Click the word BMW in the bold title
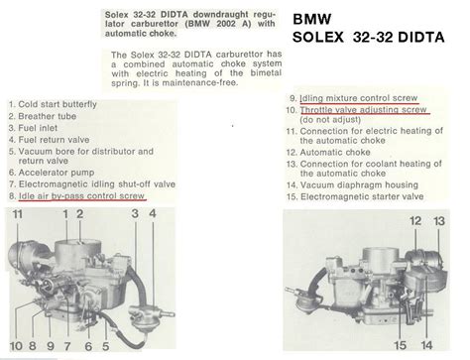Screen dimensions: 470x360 (311, 19)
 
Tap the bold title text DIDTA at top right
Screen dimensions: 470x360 (421, 37)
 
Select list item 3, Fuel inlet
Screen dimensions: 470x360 (33, 128)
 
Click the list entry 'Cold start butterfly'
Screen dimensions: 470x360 (53, 104)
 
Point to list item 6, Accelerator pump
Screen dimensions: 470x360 (52, 173)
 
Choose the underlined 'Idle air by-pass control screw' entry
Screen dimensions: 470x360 (77, 196)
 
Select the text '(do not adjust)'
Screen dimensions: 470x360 (330, 119)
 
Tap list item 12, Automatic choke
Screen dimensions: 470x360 (328, 153)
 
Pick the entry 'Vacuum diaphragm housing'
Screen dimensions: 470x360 (352, 184)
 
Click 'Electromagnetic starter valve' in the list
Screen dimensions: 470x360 (355, 196)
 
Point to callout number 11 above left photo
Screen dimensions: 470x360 (18, 214)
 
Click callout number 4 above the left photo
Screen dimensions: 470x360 (153, 213)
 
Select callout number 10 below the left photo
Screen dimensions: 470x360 (16, 346)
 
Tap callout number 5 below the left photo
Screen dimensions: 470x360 (105, 346)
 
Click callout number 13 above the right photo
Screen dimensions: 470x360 (439, 221)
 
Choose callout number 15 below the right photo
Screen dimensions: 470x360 (400, 345)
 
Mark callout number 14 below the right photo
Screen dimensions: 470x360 (426, 345)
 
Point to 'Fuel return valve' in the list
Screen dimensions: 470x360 (49, 140)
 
